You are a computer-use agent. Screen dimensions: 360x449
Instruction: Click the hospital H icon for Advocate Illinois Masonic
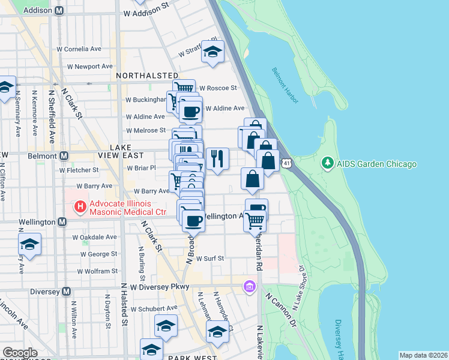pyautogui.click(x=79, y=208)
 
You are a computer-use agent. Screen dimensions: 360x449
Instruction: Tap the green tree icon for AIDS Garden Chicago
pyautogui.click(x=327, y=163)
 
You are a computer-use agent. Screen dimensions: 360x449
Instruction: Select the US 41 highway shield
pyautogui.click(x=289, y=163)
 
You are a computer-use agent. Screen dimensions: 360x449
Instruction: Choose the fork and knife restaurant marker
pyautogui.click(x=217, y=158)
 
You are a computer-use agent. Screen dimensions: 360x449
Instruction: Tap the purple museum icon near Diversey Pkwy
pyautogui.click(x=249, y=287)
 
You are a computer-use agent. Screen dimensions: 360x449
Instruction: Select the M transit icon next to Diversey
pyautogui.click(x=67, y=292)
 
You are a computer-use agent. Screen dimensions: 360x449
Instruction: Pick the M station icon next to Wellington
pyautogui.click(x=62, y=222)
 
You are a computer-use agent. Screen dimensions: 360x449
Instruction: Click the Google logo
pyautogui.click(x=19, y=353)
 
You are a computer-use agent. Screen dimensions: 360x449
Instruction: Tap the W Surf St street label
pyautogui.click(x=210, y=259)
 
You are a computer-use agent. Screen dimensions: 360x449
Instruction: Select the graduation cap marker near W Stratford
pyautogui.click(x=212, y=52)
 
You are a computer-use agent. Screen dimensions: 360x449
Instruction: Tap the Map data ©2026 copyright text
pyautogui.click(x=423, y=355)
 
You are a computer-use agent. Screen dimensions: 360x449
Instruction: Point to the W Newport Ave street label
pyautogui.click(x=90, y=66)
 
